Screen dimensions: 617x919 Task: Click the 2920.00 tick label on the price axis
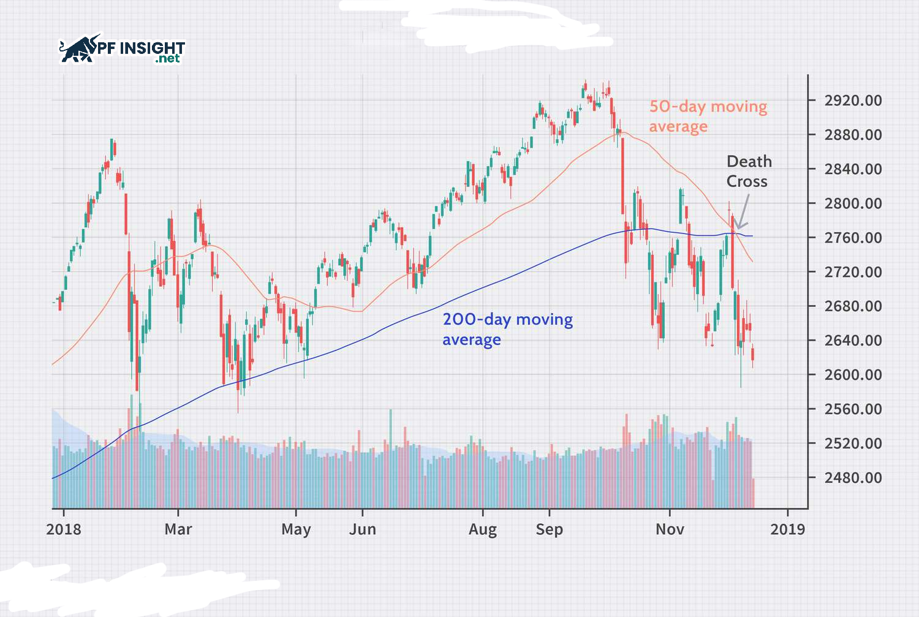853,100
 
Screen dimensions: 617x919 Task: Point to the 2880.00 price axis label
853,135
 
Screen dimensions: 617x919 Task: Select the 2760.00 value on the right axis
853,238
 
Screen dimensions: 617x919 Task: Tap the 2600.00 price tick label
853,375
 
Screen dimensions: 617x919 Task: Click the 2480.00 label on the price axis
853,478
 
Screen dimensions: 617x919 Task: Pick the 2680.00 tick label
853,306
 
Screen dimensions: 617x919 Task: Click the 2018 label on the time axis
64,529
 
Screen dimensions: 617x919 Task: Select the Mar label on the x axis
178,529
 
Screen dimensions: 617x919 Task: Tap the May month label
296,529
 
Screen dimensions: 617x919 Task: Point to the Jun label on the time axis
363,529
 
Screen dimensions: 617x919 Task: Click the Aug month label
483,529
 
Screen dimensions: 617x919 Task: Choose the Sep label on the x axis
549,529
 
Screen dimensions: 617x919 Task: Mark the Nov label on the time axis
670,529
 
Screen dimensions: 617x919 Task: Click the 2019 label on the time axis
788,529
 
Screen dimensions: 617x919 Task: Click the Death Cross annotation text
748,172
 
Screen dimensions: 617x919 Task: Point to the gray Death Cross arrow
743,214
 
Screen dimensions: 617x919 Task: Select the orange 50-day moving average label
708,116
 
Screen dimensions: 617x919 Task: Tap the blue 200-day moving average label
507,329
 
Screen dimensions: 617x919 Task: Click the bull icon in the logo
78,49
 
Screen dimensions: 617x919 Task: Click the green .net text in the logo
167,59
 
